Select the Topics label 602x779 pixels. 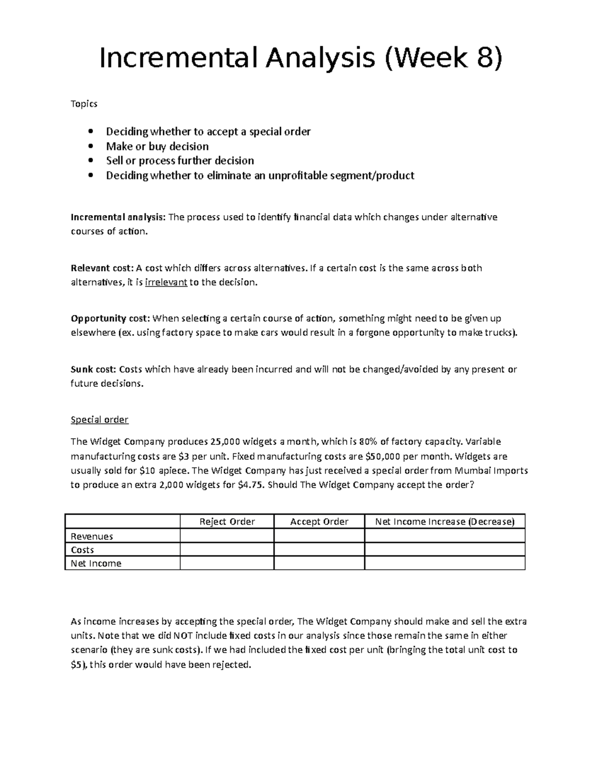[84, 104]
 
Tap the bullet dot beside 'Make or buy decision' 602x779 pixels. [90, 146]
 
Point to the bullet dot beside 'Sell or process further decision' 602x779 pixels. [90, 161]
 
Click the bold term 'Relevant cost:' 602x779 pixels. [102, 268]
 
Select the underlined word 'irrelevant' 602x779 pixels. [166, 282]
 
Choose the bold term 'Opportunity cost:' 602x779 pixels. [110, 319]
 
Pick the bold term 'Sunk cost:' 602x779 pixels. [93, 370]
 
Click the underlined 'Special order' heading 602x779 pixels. [99, 420]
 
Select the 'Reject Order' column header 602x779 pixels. [227, 522]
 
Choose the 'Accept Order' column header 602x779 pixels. [319, 522]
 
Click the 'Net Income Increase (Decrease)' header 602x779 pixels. [444, 522]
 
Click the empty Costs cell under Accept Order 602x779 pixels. [319, 550]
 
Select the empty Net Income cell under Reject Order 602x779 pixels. [227, 563]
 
